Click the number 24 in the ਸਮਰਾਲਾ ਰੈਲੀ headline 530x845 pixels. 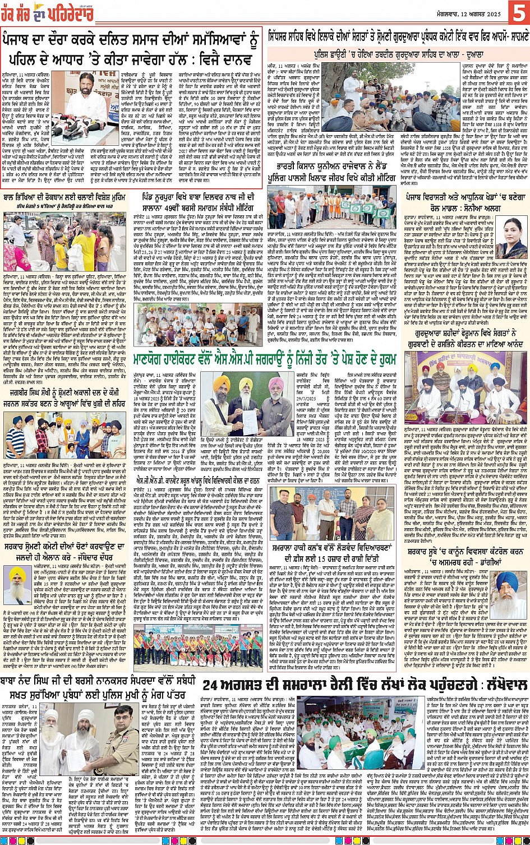click(x=213, y=685)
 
